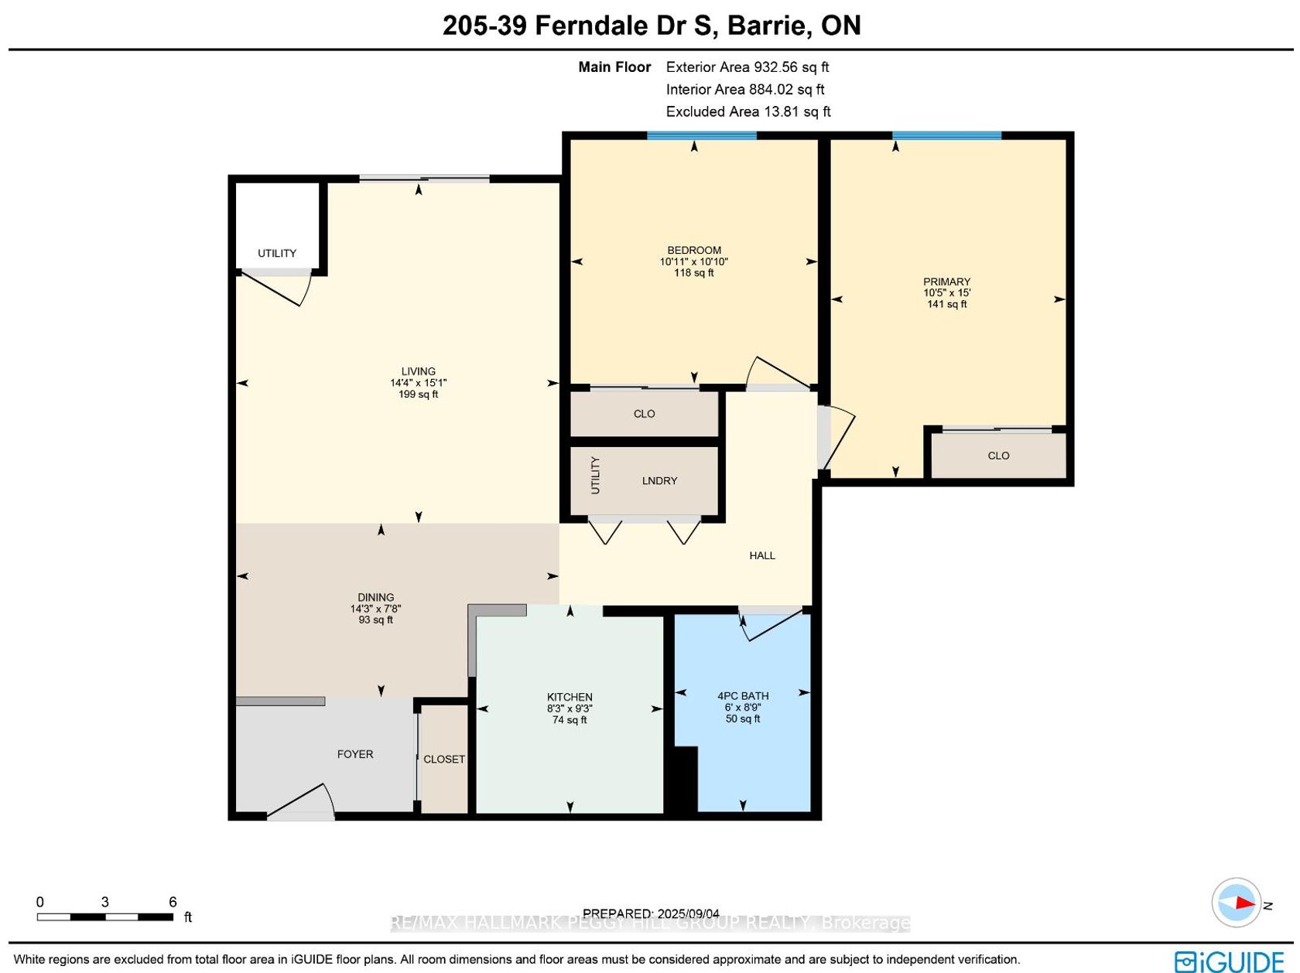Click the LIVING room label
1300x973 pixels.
click(x=418, y=372)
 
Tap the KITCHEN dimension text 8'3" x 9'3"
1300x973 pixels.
click(x=570, y=708)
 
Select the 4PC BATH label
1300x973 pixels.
click(x=743, y=696)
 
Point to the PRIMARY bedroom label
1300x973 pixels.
click(x=946, y=282)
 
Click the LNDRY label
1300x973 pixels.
click(x=659, y=480)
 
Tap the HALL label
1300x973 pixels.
click(x=761, y=555)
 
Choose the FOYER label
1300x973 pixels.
click(x=354, y=754)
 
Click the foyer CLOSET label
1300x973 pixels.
click(x=443, y=760)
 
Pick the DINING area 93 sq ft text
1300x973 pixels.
click(x=375, y=620)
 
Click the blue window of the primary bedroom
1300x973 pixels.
click(x=946, y=135)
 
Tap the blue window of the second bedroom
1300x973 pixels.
click(x=701, y=135)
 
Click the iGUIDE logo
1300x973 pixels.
click(x=1228, y=961)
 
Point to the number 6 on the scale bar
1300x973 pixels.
click(x=173, y=902)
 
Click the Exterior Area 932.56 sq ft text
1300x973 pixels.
click(x=747, y=67)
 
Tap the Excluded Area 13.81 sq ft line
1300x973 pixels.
click(x=748, y=111)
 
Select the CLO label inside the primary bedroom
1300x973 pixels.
click(x=998, y=456)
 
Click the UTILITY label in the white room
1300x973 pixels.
click(x=276, y=254)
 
